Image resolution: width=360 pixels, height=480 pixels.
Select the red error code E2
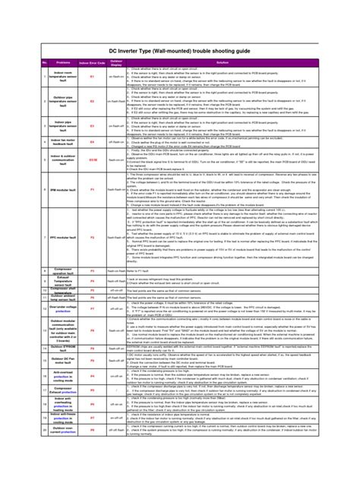[x=93, y=101]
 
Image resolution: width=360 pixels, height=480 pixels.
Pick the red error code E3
[x=93, y=123]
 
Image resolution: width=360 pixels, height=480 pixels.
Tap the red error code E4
[x=93, y=142]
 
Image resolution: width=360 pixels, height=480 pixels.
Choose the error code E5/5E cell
[x=93, y=160]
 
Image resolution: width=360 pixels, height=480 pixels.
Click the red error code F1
[x=93, y=189]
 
